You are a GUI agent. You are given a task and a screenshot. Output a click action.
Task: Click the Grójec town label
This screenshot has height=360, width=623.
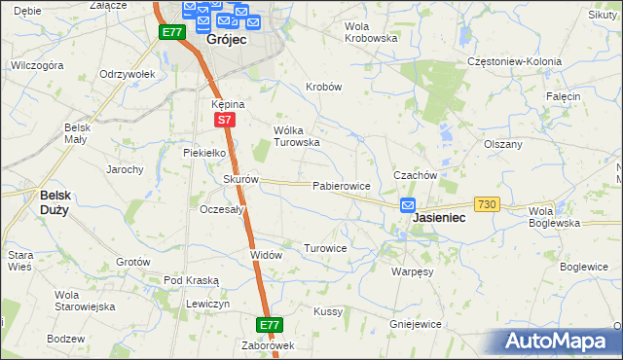click(226, 41)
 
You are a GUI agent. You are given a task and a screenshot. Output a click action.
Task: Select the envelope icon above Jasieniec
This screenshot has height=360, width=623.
click(408, 205)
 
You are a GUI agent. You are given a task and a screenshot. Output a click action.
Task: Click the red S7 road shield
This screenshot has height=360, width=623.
click(225, 120)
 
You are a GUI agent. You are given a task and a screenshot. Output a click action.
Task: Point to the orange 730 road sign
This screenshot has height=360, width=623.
click(488, 203)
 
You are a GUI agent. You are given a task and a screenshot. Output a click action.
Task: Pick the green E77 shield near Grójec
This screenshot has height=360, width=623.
click(172, 32)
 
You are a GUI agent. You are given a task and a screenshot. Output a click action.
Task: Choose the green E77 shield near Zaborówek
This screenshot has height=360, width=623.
click(270, 324)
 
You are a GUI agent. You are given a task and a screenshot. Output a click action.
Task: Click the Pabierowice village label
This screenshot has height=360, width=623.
click(341, 185)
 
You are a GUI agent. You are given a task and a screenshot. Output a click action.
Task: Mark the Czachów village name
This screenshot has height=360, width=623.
click(413, 175)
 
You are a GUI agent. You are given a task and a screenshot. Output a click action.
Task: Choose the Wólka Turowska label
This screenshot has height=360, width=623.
click(296, 135)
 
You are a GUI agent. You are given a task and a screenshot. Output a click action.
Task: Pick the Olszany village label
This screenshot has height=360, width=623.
click(503, 143)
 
